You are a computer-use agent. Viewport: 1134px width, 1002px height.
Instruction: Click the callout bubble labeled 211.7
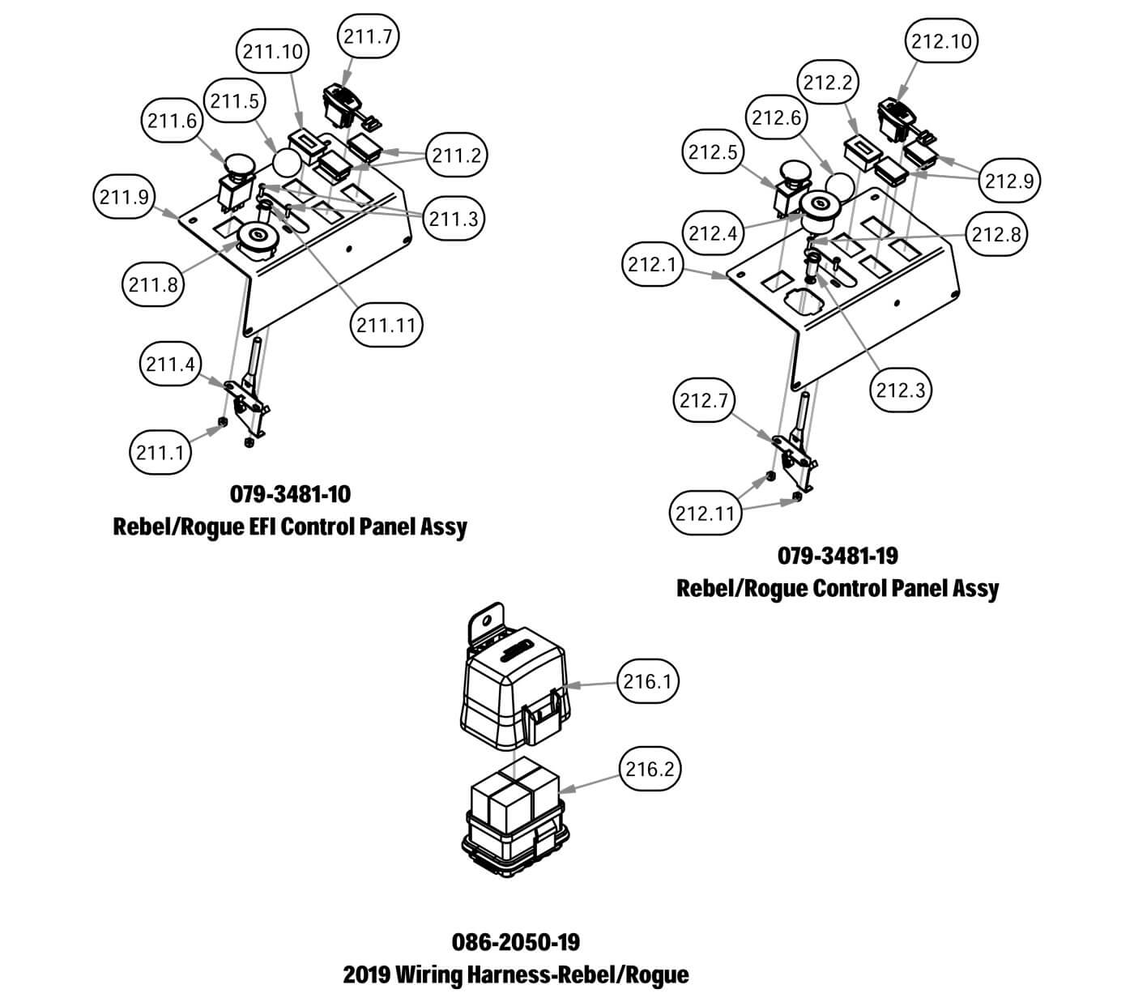369,36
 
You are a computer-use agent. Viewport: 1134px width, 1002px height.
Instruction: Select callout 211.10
273,52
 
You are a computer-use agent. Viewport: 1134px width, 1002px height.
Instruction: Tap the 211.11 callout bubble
386,325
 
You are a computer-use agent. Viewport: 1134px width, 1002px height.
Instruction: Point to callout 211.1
160,451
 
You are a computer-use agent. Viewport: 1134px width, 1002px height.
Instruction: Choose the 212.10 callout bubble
941,41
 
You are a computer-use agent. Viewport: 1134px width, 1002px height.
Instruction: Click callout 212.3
901,390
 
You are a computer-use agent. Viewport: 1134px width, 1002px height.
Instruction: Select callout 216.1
648,682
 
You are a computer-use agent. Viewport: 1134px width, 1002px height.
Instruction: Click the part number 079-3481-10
291,493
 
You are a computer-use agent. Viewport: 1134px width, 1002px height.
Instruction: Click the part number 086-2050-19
516,942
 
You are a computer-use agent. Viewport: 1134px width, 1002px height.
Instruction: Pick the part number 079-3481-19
838,556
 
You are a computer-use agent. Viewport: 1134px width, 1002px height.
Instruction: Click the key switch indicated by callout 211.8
258,237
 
